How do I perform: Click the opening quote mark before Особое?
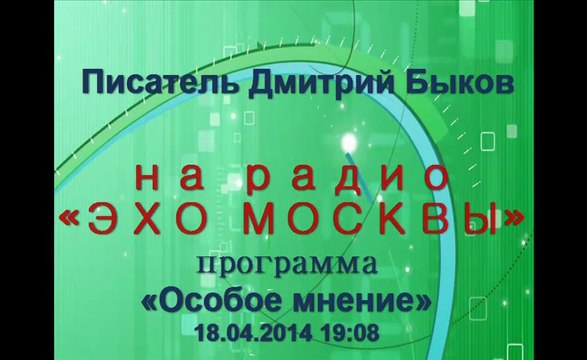point(148,301)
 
